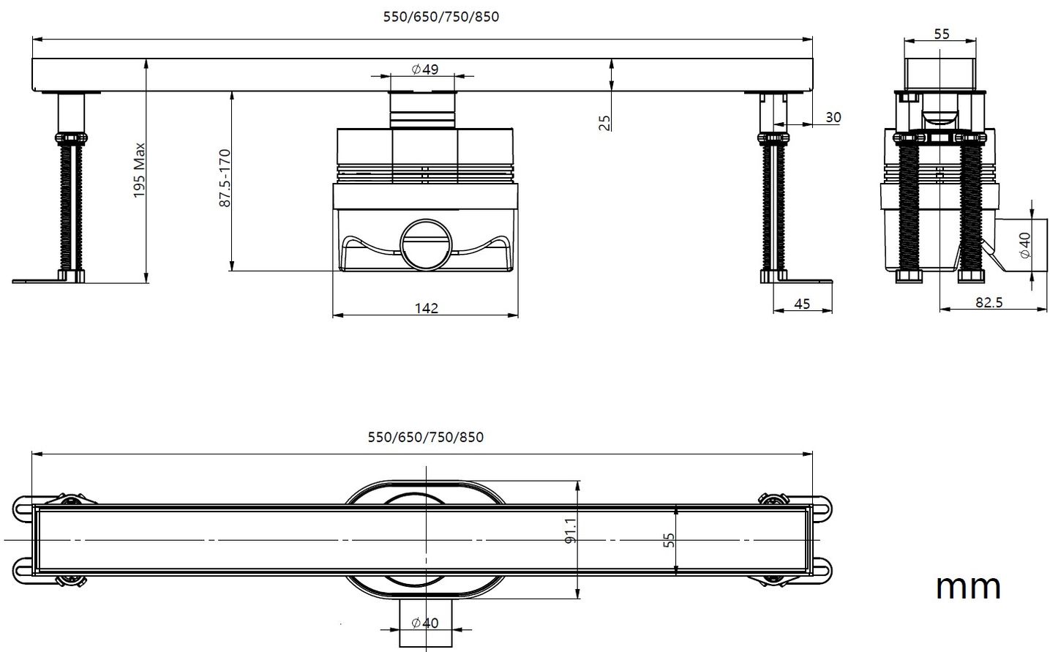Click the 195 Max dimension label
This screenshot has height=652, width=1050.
140,171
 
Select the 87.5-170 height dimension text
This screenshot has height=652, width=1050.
225,178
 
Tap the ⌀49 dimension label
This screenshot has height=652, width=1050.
425,70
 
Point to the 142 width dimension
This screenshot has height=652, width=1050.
426,308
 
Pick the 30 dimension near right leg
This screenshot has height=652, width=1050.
833,117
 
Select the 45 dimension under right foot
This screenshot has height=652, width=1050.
802,304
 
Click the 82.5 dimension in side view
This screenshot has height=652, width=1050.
989,302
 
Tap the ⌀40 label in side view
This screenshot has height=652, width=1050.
1024,244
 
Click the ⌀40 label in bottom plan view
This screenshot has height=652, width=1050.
425,623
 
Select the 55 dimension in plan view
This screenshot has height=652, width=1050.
668,540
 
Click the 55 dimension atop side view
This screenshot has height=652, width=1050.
942,34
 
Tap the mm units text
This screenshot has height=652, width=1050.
968,586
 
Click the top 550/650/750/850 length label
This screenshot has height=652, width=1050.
441,17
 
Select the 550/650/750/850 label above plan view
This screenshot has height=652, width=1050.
425,437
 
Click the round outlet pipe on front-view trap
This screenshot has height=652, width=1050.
426,244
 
